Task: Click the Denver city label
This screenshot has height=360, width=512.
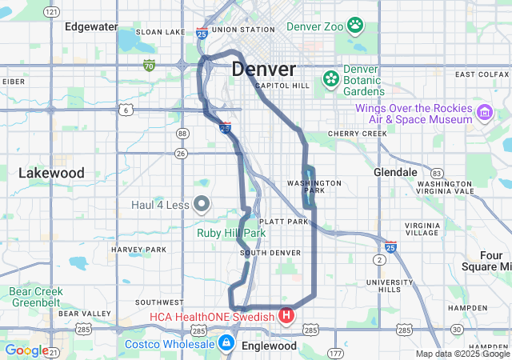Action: pyautogui.click(x=264, y=70)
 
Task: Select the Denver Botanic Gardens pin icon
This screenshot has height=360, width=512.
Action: pyautogui.click(x=330, y=78)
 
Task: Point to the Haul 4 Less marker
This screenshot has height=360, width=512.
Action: pyautogui.click(x=201, y=204)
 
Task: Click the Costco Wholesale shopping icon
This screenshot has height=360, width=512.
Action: pyautogui.click(x=226, y=344)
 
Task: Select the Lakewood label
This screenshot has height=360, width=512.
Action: pyautogui.click(x=51, y=173)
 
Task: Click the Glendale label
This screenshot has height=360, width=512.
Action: pyautogui.click(x=395, y=172)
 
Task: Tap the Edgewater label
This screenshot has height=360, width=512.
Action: pyautogui.click(x=90, y=26)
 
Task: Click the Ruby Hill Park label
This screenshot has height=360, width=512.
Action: pyautogui.click(x=231, y=233)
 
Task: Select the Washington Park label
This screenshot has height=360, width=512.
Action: pyautogui.click(x=314, y=187)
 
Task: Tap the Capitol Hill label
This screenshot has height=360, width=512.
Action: pyautogui.click(x=282, y=86)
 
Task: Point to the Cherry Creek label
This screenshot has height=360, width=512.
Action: pyautogui.click(x=352, y=134)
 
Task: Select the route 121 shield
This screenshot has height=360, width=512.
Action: pyautogui.click(x=52, y=12)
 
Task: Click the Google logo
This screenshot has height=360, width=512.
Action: pyautogui.click(x=26, y=350)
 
